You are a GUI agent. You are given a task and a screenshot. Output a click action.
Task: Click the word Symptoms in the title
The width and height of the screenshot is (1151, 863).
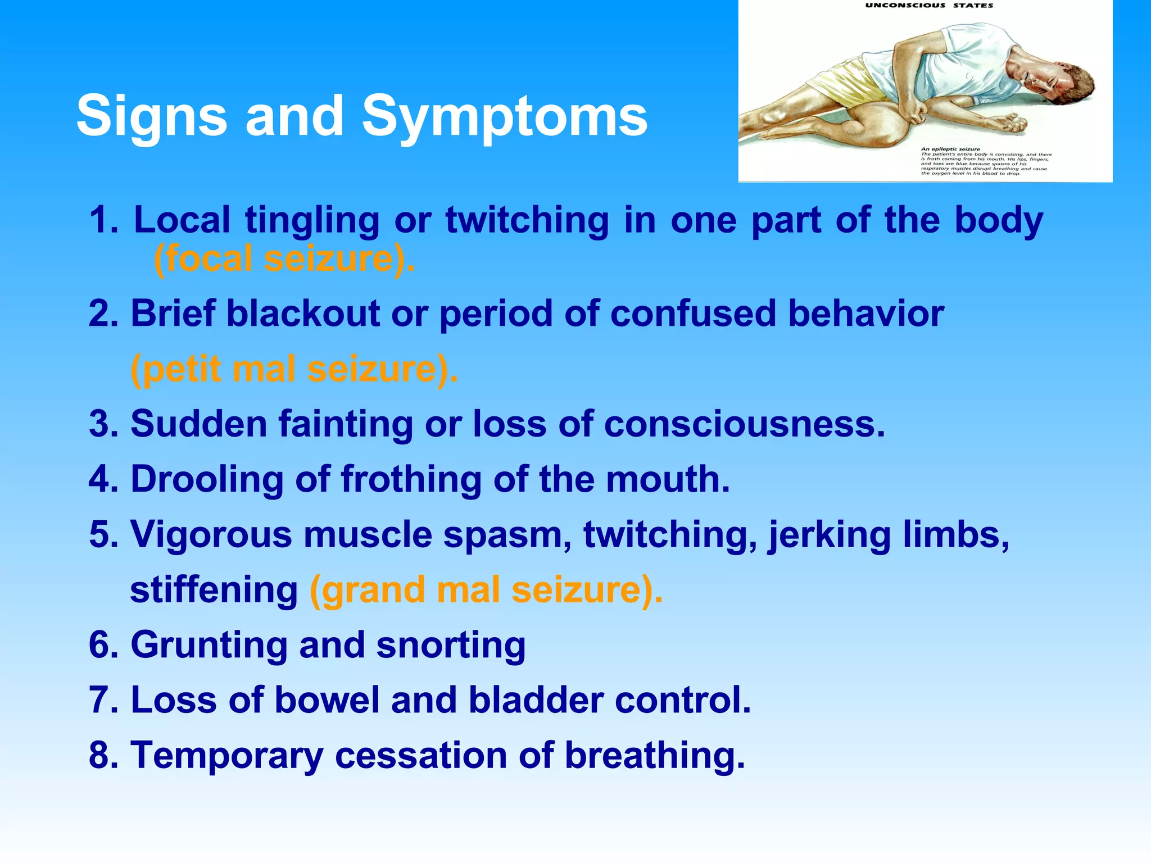click(x=504, y=116)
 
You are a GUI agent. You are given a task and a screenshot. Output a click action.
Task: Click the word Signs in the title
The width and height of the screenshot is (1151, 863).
click(x=152, y=116)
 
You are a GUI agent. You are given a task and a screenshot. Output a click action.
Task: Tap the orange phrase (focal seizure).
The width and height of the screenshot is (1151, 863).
click(x=284, y=259)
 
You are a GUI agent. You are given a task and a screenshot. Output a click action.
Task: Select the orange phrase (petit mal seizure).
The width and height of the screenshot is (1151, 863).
click(x=294, y=369)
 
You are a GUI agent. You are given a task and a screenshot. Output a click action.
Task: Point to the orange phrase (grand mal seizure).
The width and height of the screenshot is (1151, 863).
click(x=486, y=590)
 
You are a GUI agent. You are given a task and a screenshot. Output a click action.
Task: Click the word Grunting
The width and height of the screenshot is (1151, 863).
click(x=209, y=645)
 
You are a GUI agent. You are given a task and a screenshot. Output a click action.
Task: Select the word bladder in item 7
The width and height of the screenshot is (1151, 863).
click(x=535, y=700)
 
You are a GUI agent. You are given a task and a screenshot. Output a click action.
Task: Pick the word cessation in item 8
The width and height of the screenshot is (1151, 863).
click(x=421, y=755)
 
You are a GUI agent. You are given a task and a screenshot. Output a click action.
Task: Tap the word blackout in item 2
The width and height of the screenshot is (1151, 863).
click(x=303, y=313)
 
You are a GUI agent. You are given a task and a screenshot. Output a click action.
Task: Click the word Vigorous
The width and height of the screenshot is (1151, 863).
click(x=211, y=534)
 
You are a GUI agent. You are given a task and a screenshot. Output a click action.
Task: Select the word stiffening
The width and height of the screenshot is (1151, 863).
click(x=214, y=590)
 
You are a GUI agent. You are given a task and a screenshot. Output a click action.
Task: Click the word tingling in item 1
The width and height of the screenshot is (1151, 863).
click(x=312, y=220)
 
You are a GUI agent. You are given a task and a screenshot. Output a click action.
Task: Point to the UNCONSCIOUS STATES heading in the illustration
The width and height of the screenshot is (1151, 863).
click(x=929, y=6)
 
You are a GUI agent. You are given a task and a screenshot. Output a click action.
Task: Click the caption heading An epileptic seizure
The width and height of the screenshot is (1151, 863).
click(x=950, y=149)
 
